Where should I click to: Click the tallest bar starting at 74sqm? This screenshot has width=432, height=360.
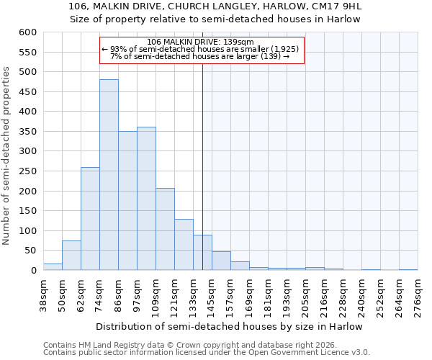coord(109,175)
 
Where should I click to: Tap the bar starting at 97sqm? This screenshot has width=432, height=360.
coord(146,199)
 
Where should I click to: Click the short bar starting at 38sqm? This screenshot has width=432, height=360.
coord(53,266)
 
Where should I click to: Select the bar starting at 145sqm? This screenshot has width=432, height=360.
coord(221,261)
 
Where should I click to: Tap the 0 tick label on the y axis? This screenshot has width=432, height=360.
coord(33,271)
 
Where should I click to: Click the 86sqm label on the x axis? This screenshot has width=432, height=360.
coord(118,295)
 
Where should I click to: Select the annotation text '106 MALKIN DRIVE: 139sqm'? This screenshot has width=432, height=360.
coord(202,42)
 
